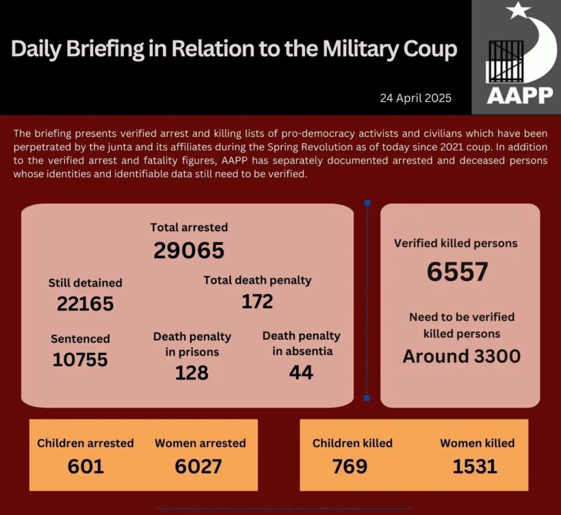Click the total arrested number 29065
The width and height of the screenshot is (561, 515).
tap(189, 251)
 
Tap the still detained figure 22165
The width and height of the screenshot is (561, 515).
tap(85, 304)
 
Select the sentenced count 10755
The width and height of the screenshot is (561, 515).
tap(80, 359)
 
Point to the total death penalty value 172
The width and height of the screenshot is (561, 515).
tap(257, 301)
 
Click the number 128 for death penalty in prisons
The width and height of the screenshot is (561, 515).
tap(191, 373)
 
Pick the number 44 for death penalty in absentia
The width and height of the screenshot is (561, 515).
tap(301, 373)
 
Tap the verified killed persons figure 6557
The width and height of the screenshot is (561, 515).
tap(457, 272)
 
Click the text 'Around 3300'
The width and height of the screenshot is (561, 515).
tap(461, 356)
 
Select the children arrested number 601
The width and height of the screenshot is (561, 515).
tap(86, 466)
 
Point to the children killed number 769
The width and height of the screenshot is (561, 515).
tap(350, 466)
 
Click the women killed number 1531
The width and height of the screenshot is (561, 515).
tap(474, 466)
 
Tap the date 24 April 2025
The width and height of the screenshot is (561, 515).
tap(416, 98)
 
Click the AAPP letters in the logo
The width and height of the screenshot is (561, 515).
tap(520, 94)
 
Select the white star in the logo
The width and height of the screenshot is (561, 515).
tap(518, 11)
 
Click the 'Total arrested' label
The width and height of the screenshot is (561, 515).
tap(190, 227)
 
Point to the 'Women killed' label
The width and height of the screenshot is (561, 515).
tap(477, 443)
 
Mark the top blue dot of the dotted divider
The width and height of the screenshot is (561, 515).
tap(367, 203)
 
